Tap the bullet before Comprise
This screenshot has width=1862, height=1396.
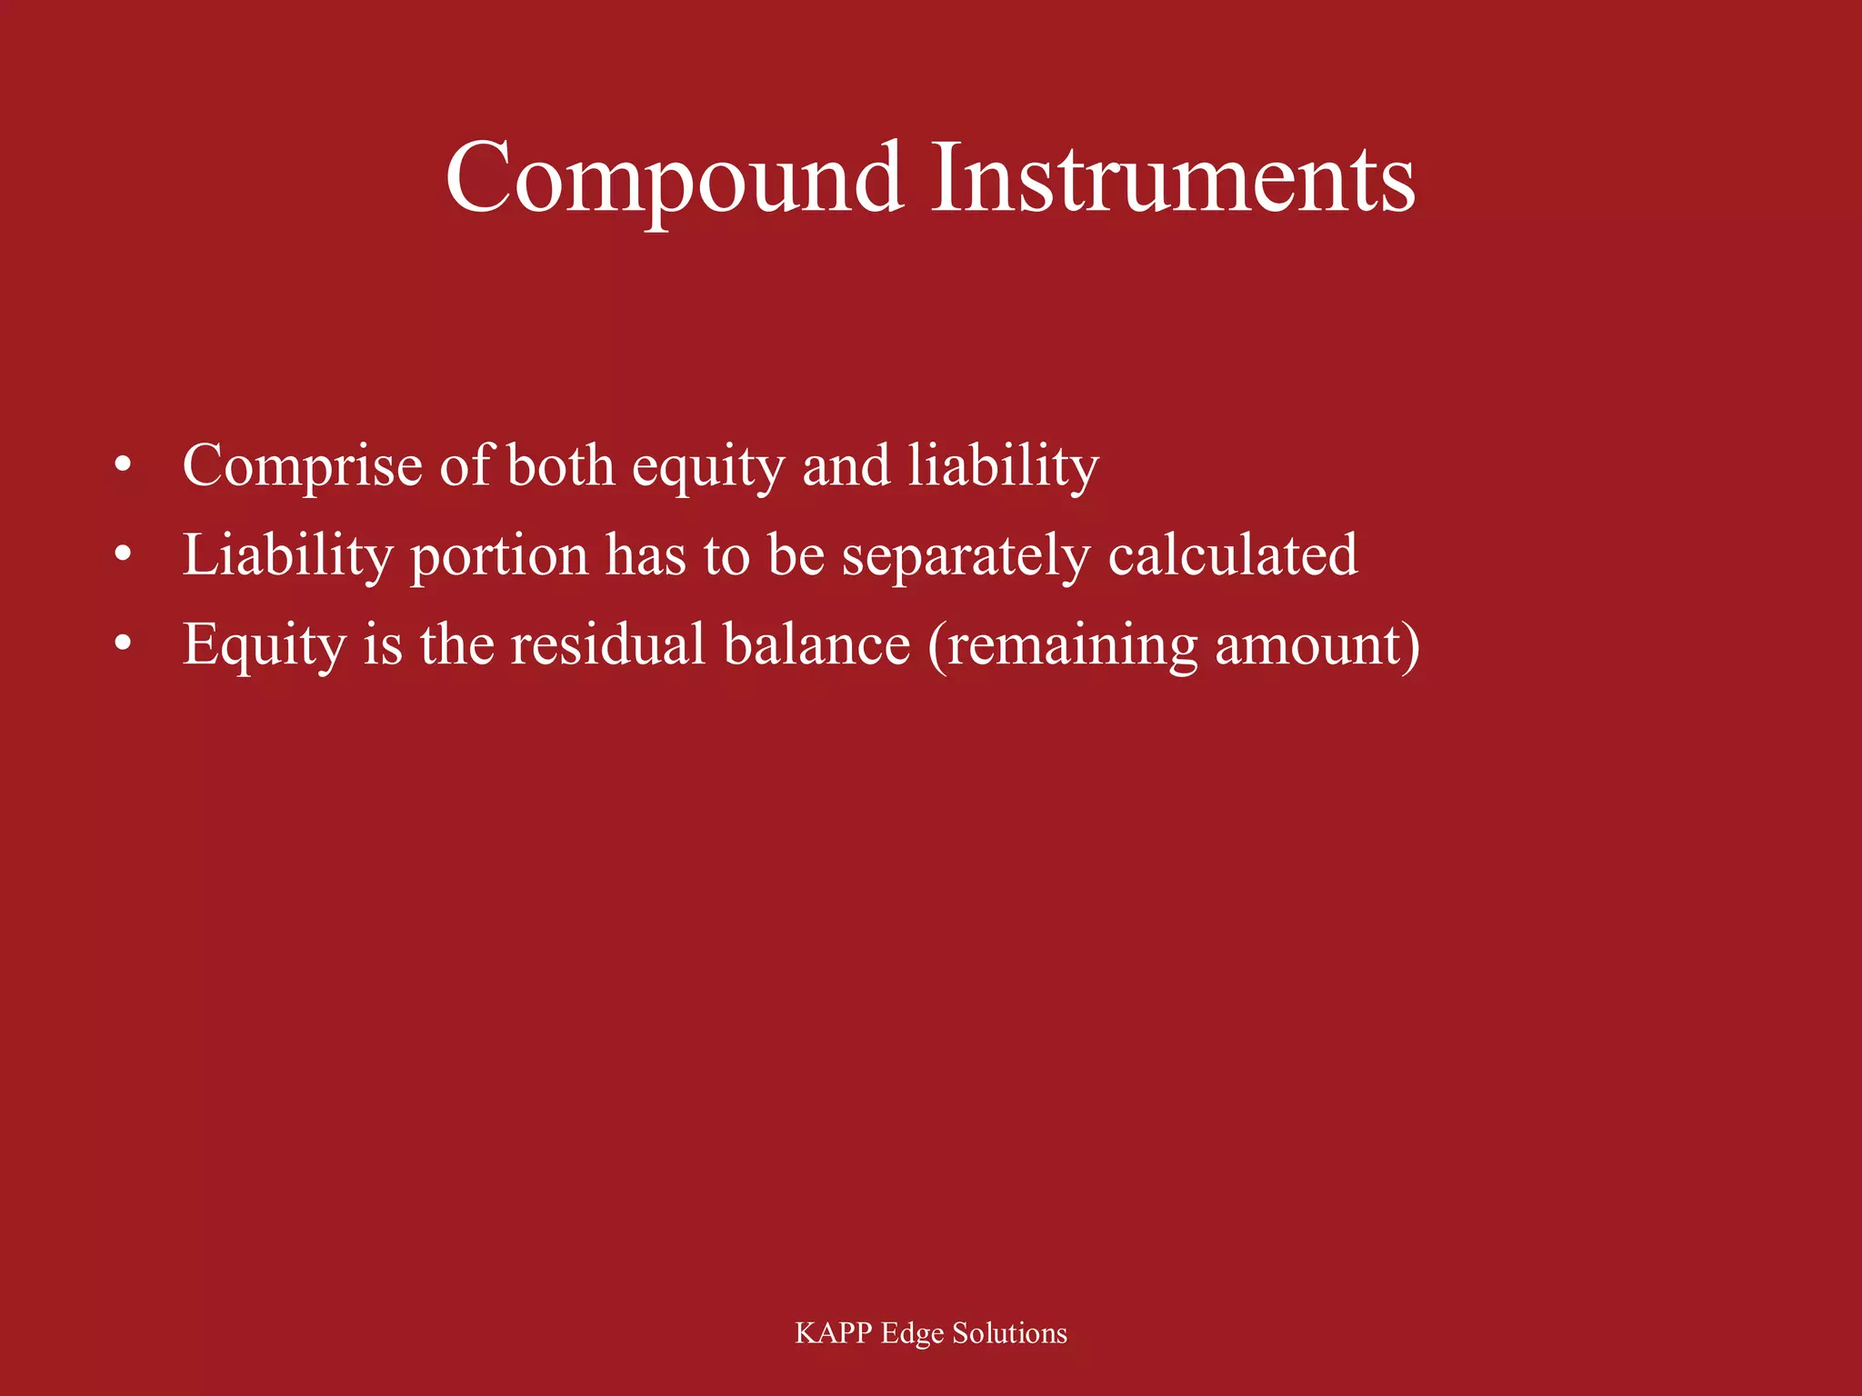coord(124,465)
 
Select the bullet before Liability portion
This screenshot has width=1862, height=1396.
coord(124,554)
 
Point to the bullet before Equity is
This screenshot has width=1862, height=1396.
coord(124,643)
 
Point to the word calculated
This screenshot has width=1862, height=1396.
coord(1233,554)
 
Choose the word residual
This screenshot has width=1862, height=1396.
coord(607,644)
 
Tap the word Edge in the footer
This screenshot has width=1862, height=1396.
coord(912,1334)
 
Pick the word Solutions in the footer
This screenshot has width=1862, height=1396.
coord(1009,1333)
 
